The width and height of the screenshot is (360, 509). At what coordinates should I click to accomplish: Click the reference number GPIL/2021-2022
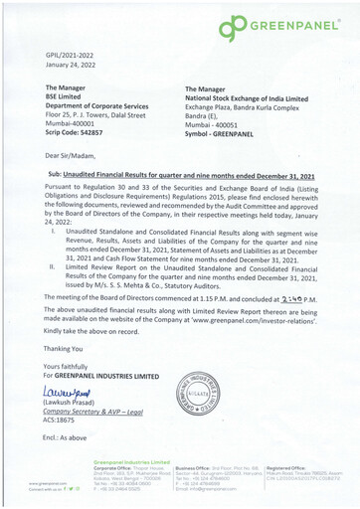click(70, 59)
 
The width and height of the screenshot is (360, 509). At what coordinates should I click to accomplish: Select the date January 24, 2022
click(74, 69)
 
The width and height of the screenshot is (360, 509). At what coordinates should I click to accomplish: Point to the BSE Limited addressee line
click(68, 99)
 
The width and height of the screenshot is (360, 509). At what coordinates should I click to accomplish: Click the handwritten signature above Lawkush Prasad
click(70, 394)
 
